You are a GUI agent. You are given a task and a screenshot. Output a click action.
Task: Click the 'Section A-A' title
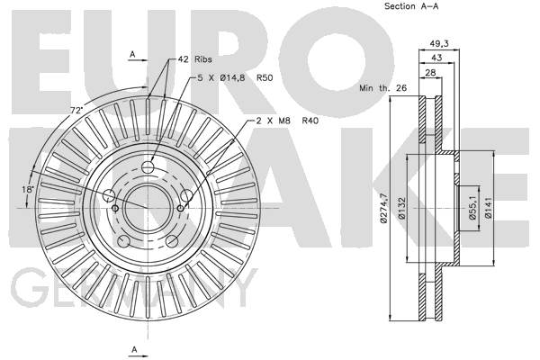click(411, 6)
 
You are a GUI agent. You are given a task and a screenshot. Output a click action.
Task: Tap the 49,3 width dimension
click(439, 44)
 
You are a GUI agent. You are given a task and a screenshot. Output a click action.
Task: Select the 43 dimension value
click(436, 58)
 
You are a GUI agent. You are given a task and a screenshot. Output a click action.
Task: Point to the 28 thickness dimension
click(430, 73)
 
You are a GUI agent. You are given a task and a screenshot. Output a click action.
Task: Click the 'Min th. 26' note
click(383, 88)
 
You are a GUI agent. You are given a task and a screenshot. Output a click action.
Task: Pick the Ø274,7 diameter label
click(384, 209)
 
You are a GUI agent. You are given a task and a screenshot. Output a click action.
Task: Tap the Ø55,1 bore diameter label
click(472, 208)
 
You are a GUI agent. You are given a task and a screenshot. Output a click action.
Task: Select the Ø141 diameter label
click(488, 208)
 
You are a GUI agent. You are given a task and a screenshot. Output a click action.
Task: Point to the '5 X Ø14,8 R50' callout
click(235, 78)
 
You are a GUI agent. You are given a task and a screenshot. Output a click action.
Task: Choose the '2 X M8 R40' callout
click(288, 121)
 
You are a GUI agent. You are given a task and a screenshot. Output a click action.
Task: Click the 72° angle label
click(76, 110)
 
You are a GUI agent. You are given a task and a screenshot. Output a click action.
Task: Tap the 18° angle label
click(28, 189)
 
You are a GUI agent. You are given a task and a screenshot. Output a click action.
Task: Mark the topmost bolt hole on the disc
click(148, 167)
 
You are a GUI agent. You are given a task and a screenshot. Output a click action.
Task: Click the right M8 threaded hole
click(180, 208)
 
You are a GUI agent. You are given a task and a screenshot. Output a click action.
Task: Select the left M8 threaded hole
click(115, 208)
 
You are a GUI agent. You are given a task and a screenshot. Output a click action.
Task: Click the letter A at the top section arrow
click(132, 54)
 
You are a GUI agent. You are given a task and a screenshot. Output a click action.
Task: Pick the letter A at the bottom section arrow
click(135, 349)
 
